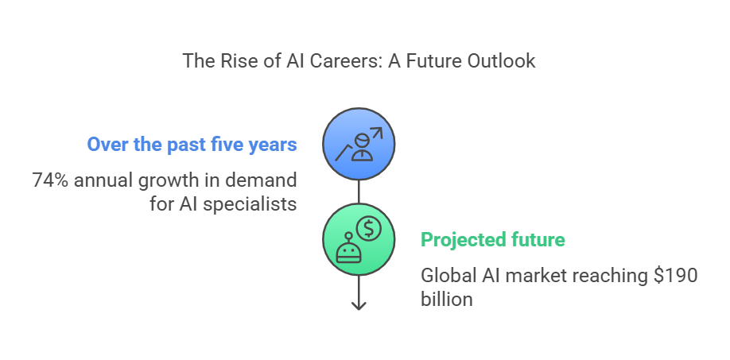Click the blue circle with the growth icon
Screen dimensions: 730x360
pyautogui.click(x=359, y=144)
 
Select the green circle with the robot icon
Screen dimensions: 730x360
pyautogui.click(x=359, y=239)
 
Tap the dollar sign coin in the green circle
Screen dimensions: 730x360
pyautogui.click(x=369, y=228)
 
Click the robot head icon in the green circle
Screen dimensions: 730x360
pyautogui.click(x=349, y=252)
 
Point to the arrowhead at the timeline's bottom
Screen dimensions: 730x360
pyautogui.click(x=359, y=306)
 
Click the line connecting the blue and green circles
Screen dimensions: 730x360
pyautogui.click(x=359, y=192)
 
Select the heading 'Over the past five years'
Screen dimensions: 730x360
pyautogui.click(x=192, y=144)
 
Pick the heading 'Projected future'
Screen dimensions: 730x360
pyautogui.click(x=492, y=240)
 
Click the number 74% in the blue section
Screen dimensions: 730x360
pyautogui.click(x=50, y=180)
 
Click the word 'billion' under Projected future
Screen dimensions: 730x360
pyautogui.click(x=446, y=299)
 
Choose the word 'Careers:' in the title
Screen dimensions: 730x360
pyautogui.click(x=344, y=61)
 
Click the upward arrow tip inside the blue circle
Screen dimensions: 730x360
pyautogui.click(x=382, y=129)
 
